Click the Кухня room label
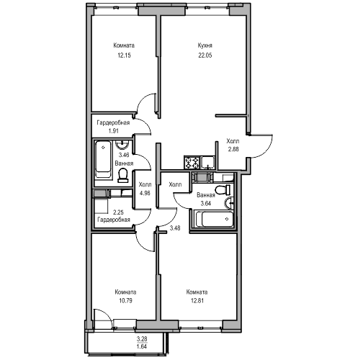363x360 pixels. (205, 45)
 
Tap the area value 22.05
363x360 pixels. (205, 55)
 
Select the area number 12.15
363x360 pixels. (124, 55)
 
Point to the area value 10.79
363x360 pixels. (125, 300)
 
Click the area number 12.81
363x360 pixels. (197, 300)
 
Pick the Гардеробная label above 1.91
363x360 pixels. (113, 123)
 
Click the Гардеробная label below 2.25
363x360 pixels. (114, 220)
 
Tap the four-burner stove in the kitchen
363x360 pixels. (192, 163)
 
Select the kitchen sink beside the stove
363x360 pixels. (208, 163)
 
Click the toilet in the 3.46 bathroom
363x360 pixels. (123, 175)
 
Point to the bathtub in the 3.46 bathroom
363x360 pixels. (103, 159)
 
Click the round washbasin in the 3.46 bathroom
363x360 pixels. (122, 145)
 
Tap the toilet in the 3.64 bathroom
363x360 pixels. (223, 190)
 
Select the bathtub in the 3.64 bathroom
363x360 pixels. (215, 219)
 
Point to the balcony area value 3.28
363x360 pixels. (142, 339)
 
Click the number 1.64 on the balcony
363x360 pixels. (142, 346)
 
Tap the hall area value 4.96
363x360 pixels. (145, 193)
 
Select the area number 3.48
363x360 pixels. (175, 228)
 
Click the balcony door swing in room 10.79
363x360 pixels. (107, 315)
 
